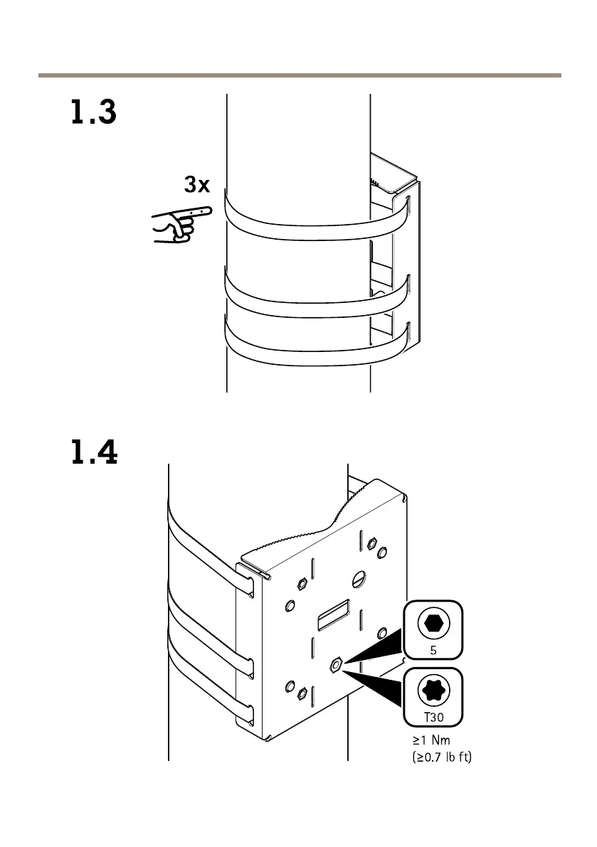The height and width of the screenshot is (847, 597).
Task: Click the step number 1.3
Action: click(x=93, y=114)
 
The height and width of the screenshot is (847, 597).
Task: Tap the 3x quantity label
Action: click(x=197, y=186)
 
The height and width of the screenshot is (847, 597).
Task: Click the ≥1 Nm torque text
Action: click(x=431, y=741)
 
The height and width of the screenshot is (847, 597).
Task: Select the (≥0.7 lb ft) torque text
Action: click(x=442, y=757)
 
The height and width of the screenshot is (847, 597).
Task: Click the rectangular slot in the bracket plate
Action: click(x=333, y=613)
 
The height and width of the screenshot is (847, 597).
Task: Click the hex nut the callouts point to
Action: click(x=336, y=664)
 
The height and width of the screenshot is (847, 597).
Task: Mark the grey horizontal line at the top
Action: click(x=299, y=75)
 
